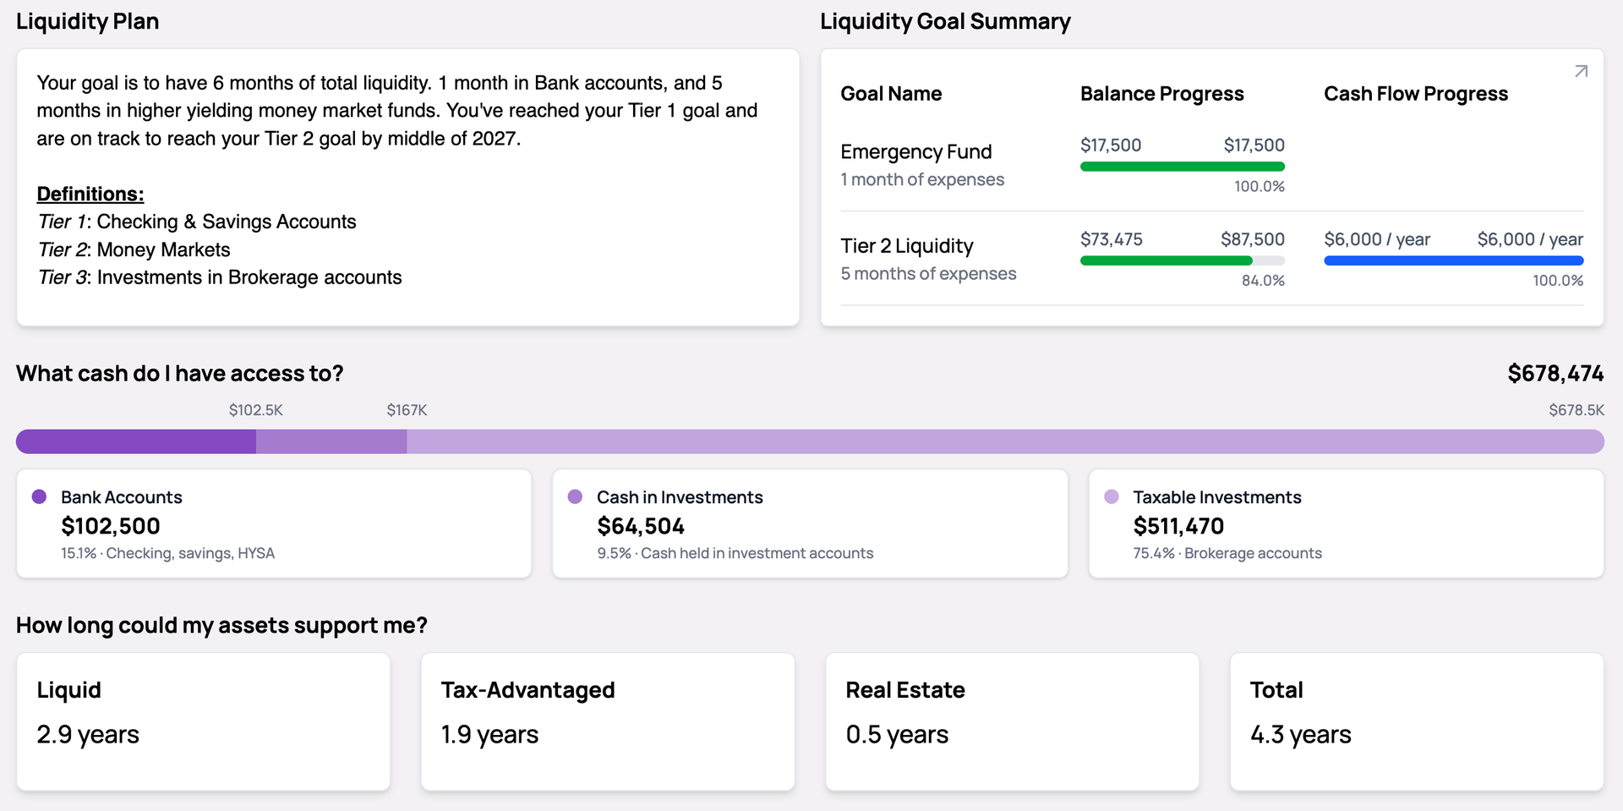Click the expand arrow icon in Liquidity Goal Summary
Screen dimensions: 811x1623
(1581, 72)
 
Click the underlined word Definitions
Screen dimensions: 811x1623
(90, 194)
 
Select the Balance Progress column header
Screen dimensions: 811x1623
(1161, 94)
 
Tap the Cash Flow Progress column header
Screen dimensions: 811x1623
(1415, 94)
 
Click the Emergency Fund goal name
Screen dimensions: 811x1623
(915, 152)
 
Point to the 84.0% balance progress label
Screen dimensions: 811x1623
(1263, 281)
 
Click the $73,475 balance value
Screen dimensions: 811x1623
(1111, 239)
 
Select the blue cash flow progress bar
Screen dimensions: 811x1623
(1453, 261)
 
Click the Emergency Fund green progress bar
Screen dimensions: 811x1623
(1182, 167)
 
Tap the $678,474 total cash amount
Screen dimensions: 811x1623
(1555, 374)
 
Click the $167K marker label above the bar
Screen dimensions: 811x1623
(407, 410)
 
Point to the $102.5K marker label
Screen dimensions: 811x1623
(255, 410)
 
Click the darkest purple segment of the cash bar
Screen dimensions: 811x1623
(136, 441)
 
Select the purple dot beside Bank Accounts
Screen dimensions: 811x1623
(39, 496)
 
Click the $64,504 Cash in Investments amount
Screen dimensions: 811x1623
(640, 526)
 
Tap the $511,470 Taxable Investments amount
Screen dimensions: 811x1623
(1178, 526)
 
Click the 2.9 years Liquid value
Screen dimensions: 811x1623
(88, 735)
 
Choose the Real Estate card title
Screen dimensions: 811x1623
(904, 690)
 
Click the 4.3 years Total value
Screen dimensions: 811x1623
(1300, 735)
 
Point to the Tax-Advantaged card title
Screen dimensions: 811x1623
(527, 690)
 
